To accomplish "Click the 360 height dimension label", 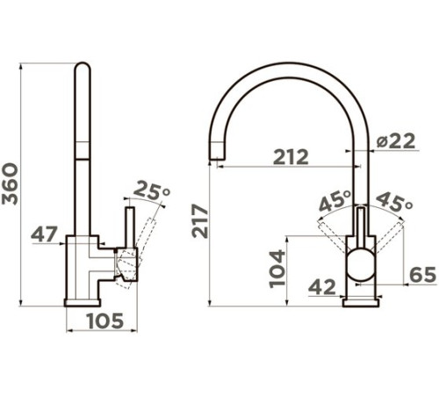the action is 10,183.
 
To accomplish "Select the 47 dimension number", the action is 44,234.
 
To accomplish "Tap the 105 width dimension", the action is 105,321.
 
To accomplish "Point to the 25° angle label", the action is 152,190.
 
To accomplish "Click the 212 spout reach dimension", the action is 291,157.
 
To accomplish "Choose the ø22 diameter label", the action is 396,141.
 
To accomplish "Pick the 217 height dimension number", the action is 200,221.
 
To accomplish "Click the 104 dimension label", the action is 277,269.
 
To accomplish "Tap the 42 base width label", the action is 322,287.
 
